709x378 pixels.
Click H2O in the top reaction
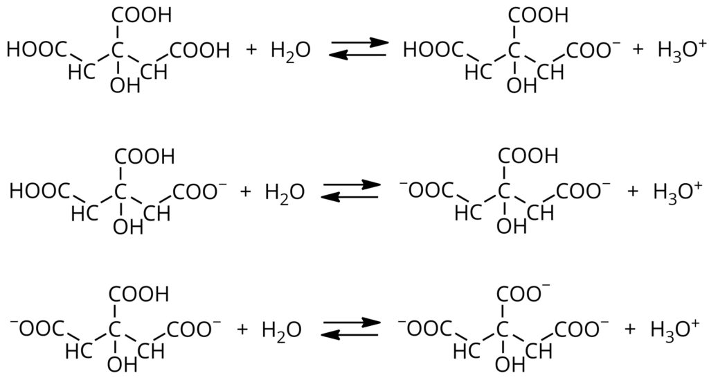[290, 51]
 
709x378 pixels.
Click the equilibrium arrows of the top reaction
[357, 50]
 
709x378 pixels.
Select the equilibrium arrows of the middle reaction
[352, 191]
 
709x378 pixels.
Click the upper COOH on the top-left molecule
[142, 15]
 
